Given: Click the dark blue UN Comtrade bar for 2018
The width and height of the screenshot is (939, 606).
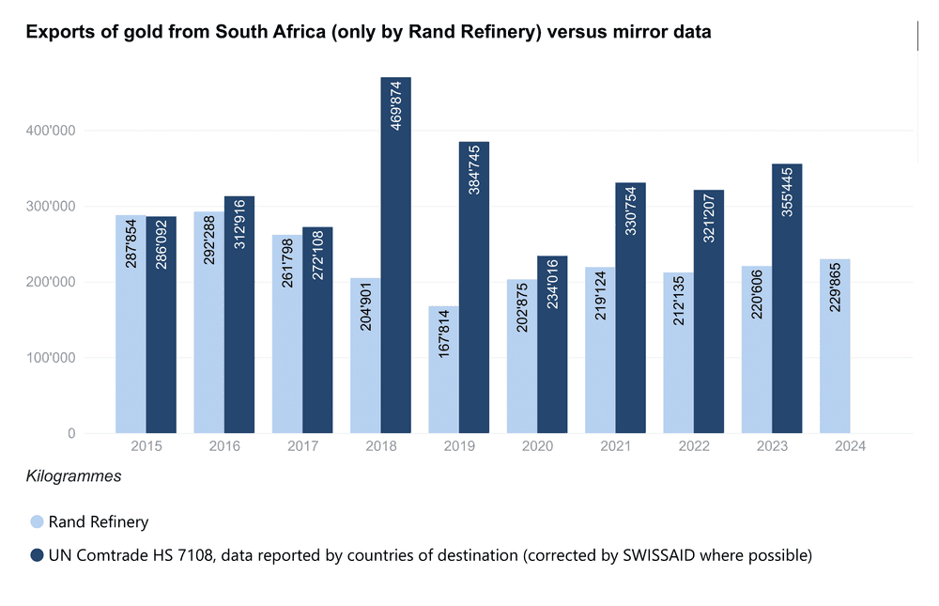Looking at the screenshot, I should tap(395, 282).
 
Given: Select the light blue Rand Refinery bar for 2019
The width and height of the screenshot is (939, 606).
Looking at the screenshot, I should tap(443, 376).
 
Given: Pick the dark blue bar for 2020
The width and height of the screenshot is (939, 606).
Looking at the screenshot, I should tap(552, 348).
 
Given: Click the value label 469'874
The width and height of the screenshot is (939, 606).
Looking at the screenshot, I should tap(395, 106).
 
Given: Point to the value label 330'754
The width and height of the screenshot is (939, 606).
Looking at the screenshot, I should tap(631, 212).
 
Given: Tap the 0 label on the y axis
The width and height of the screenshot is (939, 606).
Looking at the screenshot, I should tap(71, 434).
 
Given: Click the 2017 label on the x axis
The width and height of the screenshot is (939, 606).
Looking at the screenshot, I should tap(302, 446).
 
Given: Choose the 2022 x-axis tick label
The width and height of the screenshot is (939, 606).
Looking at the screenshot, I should tap(694, 446).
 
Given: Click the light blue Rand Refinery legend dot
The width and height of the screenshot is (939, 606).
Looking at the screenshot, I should tap(37, 522).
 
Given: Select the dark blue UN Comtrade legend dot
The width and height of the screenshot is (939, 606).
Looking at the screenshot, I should tap(37, 555).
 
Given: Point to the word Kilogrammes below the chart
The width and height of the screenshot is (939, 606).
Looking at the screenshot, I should tap(74, 476).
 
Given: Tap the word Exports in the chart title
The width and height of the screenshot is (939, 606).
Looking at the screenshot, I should tap(57, 33).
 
